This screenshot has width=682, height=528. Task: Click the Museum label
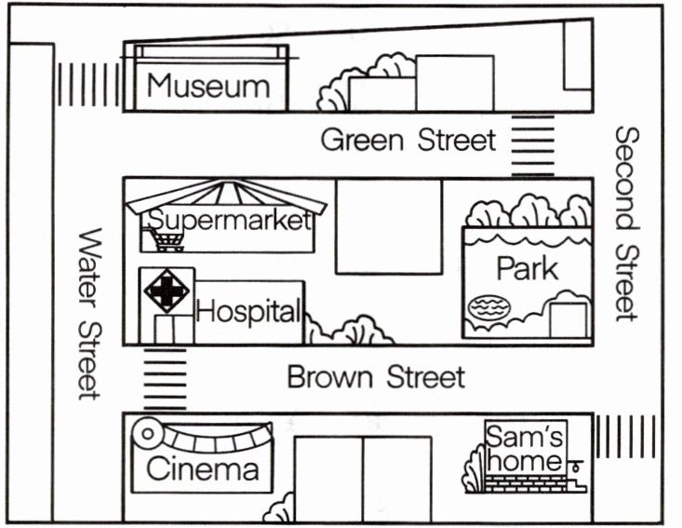coord(208,87)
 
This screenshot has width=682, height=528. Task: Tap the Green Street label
coord(408,141)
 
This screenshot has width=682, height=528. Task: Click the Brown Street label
coord(375,378)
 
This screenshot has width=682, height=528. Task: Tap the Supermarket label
coord(228,221)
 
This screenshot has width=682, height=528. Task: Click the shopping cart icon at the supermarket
coord(167,240)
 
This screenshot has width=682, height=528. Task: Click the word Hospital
coord(249,311)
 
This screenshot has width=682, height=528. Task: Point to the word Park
coord(527,268)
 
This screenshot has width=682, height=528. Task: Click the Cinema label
coord(202,468)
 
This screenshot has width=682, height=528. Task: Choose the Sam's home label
coord(526,448)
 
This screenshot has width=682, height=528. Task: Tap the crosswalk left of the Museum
coord(88,84)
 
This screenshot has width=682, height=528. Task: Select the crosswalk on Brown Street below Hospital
coord(165,378)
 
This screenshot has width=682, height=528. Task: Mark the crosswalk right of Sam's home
coord(624,436)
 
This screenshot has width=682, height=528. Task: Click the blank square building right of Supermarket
coord(388,226)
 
